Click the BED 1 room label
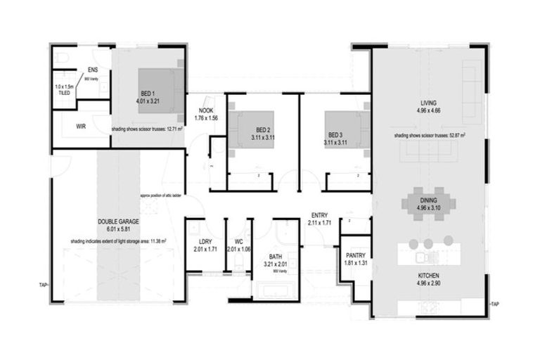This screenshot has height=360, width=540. click(x=147, y=94)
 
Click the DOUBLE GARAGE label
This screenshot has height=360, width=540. click(x=118, y=221)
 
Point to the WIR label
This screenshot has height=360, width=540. click(x=82, y=127)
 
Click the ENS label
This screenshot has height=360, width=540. click(x=93, y=70)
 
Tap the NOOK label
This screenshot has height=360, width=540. click(x=205, y=111)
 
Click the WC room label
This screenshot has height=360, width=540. click(x=239, y=242)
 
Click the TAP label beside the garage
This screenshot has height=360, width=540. click(x=43, y=285)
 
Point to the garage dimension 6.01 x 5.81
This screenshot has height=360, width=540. click(x=118, y=229)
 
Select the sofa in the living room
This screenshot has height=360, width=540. click(x=428, y=150)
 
